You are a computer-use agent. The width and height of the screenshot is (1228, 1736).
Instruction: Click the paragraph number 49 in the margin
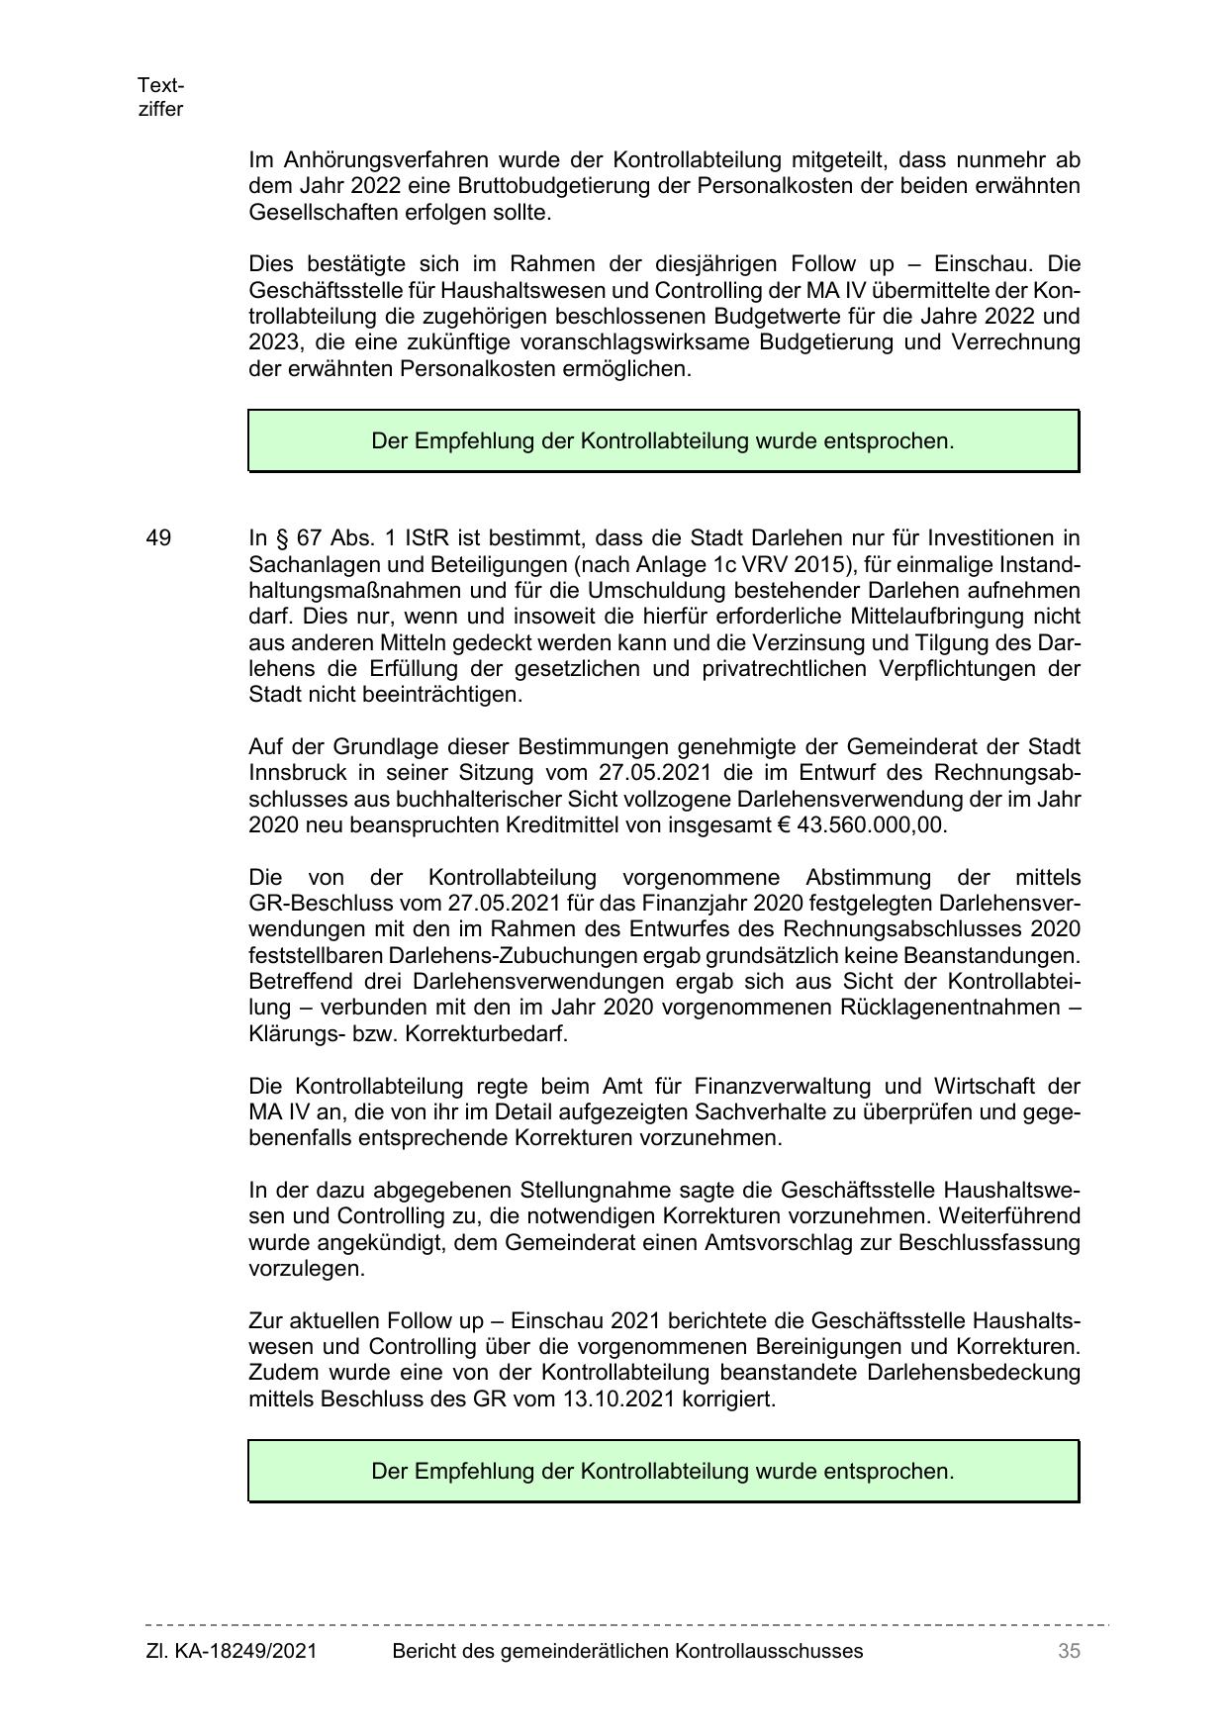158,538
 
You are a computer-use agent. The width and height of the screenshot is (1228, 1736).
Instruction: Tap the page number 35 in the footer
1069,1651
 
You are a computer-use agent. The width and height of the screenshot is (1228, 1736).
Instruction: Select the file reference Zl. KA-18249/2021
232,1651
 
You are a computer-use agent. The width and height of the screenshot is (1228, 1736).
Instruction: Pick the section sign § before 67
280,538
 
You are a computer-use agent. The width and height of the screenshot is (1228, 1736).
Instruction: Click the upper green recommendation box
663,440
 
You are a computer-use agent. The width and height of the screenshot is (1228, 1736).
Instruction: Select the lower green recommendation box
663,1471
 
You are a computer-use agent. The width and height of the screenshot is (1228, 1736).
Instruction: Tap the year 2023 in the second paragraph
270,342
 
